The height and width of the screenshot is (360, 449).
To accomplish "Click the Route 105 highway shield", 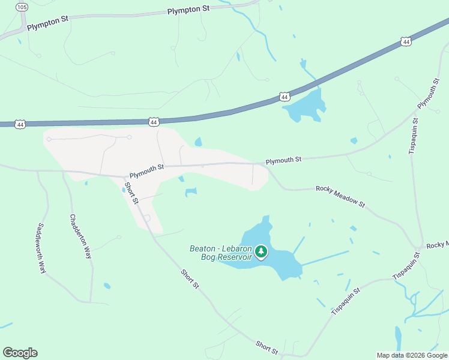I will tap(22, 7).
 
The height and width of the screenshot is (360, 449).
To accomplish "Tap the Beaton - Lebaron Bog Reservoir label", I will tap(220, 253).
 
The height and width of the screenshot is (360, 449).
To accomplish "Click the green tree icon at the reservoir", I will tap(261, 251).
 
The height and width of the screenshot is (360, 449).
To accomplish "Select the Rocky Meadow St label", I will tap(340, 196).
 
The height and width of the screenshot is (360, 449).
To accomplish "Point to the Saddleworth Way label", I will tap(41, 248).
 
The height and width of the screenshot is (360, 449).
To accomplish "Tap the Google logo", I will tap(20, 353).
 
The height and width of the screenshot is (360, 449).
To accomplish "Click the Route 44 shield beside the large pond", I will tap(285, 97).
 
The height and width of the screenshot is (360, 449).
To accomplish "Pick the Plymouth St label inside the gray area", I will tap(146, 169).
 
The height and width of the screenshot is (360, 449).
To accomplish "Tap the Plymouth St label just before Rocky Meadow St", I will tap(283, 160).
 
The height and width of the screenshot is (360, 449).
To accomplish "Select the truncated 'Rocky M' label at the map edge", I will tap(437, 245).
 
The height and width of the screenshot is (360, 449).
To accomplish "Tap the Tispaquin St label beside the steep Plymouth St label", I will tap(412, 137).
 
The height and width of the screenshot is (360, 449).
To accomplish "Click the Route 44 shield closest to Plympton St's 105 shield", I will tap(21, 124).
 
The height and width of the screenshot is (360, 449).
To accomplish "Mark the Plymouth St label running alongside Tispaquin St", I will tap(429, 93).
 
